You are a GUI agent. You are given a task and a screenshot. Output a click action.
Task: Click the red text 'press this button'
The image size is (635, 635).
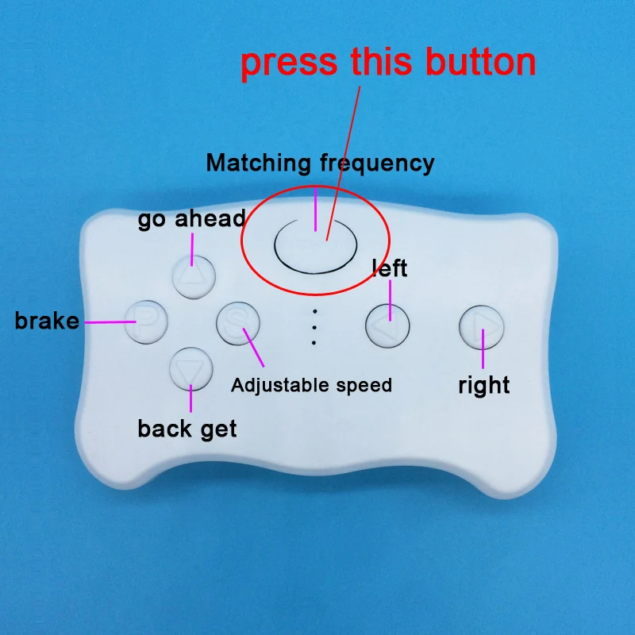[x=388, y=62]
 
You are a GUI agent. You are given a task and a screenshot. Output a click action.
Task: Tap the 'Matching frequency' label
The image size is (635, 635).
[x=321, y=164]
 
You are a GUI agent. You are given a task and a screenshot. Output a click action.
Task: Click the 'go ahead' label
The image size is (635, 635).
[x=191, y=219]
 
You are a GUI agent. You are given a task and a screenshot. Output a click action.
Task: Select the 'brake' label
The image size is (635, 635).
[x=47, y=321]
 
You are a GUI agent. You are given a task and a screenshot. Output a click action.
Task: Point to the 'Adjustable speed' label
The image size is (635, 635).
[x=311, y=385]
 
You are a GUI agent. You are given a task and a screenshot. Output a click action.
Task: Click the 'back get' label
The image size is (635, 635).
[x=187, y=429]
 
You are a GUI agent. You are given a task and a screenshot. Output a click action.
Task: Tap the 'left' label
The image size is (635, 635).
[x=390, y=268]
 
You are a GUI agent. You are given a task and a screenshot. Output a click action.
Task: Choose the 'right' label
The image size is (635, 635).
[x=484, y=385]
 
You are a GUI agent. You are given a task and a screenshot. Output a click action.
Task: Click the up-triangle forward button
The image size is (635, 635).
[x=194, y=277]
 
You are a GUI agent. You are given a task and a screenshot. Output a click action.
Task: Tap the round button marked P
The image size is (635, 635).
[x=146, y=322]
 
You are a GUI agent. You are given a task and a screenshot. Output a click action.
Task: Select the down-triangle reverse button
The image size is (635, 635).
[x=191, y=369]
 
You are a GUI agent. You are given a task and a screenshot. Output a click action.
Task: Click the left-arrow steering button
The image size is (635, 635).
[x=387, y=326]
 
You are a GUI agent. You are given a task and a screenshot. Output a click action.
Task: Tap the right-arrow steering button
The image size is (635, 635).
[x=482, y=328]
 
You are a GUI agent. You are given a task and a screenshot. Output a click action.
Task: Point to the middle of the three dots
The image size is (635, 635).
[x=314, y=327]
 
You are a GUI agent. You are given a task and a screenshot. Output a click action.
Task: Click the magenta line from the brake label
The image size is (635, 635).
[x=110, y=322]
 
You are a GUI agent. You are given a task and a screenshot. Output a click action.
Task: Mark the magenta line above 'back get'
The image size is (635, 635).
[x=190, y=398]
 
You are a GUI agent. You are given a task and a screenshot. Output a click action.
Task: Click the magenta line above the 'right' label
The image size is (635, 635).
[x=483, y=349]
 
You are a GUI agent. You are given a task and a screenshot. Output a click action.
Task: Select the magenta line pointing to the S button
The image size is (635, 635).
[x=253, y=348]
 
